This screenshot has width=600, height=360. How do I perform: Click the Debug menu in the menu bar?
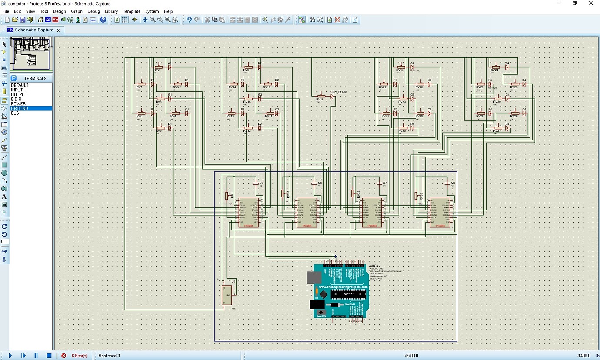(x=93, y=11)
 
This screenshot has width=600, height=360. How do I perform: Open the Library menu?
(x=111, y=11)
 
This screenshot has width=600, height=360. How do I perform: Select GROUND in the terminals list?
(x=20, y=108)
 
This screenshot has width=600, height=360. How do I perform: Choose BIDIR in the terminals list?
(x=16, y=99)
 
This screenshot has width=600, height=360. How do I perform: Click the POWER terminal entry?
(x=18, y=104)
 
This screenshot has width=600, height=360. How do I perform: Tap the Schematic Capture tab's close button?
(x=58, y=30)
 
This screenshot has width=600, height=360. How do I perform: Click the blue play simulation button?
(x=10, y=356)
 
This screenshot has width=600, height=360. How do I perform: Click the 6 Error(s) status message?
(x=79, y=356)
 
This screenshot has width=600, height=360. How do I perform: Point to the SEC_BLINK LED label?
(x=338, y=93)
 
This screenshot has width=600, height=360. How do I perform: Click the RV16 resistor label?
(x=320, y=100)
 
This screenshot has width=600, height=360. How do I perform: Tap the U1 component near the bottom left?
(x=227, y=295)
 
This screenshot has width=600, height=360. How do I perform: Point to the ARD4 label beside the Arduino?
(x=373, y=266)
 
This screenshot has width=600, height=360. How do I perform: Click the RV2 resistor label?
(x=157, y=70)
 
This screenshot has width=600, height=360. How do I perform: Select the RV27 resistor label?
(x=497, y=131)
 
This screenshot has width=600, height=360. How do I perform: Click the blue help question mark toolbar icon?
(x=103, y=20)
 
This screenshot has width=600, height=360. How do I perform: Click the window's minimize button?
(x=558, y=3)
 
